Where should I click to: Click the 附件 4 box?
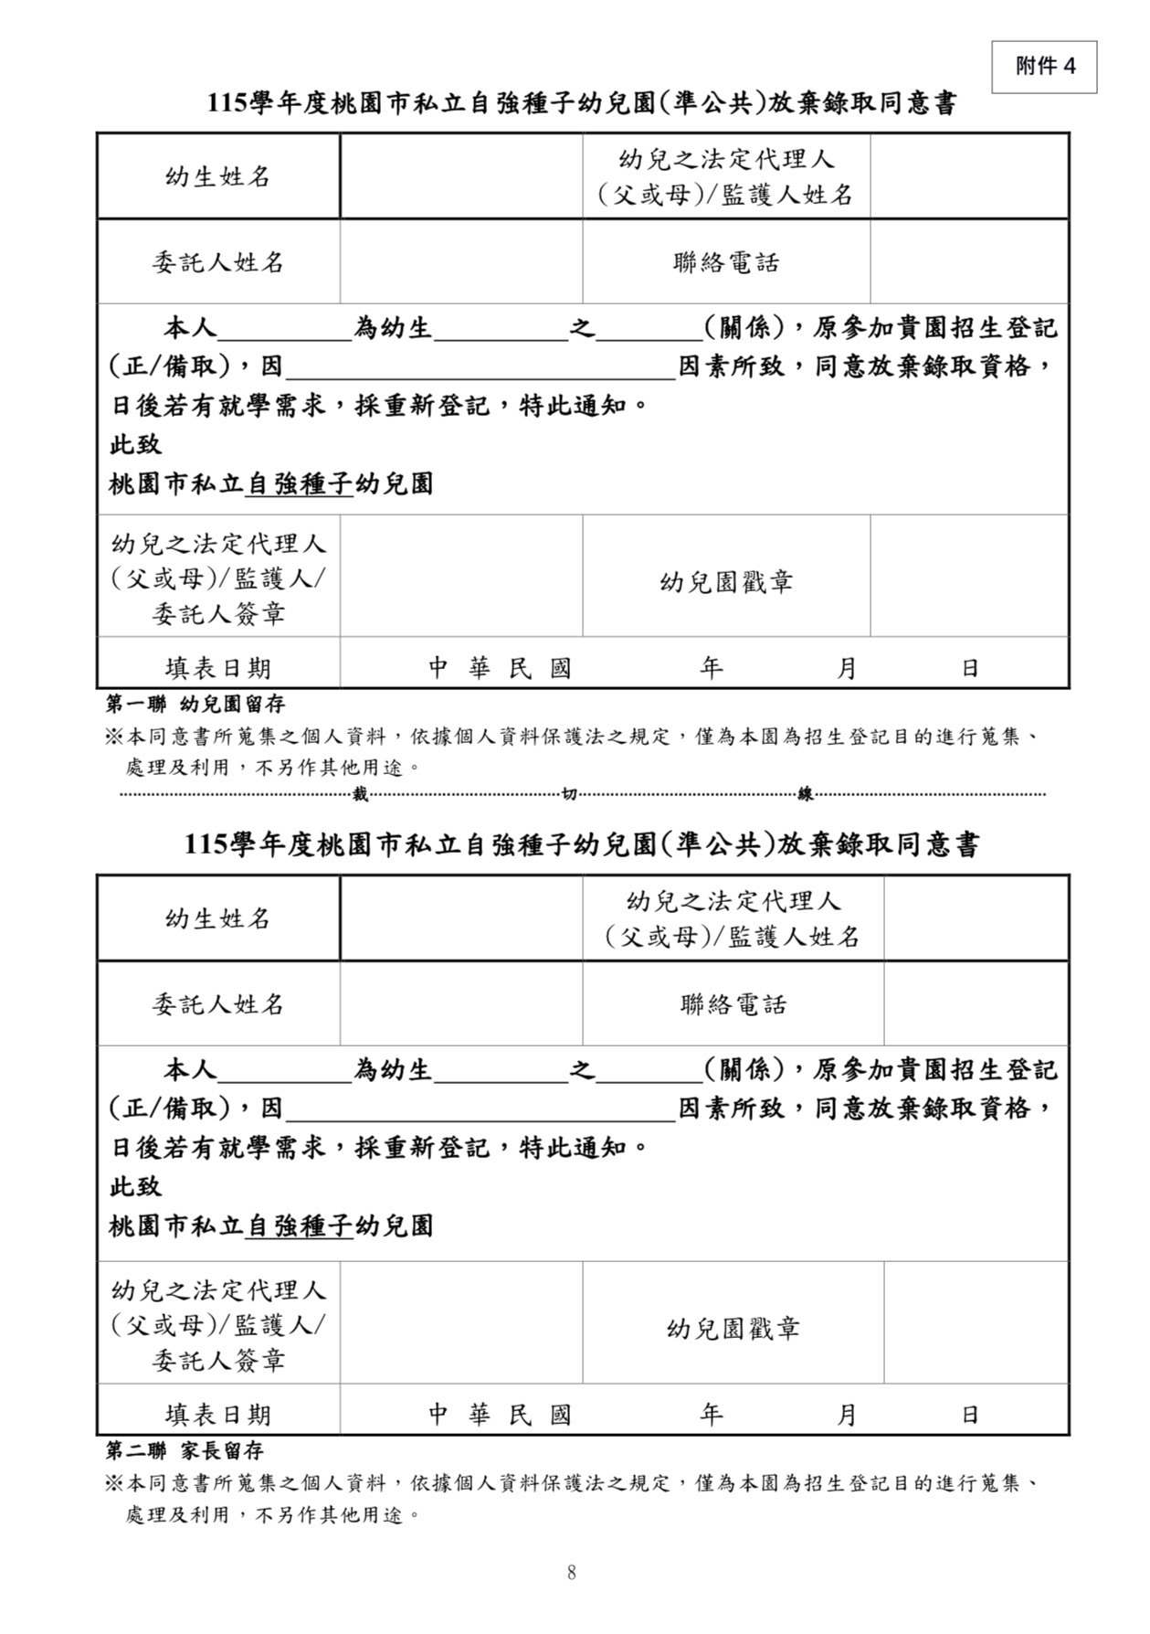point(1044,67)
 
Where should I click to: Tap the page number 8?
point(572,1572)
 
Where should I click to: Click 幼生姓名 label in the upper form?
point(218,176)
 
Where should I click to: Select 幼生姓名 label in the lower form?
point(218,918)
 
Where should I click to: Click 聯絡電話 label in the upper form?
point(726,263)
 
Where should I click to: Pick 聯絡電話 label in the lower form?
point(733,1004)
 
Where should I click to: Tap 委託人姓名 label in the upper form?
point(218,263)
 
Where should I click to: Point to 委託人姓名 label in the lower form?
point(218,1004)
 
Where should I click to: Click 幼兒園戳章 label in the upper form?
point(726,582)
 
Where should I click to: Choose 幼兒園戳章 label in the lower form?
point(733,1329)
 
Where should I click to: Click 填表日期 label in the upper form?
point(218,669)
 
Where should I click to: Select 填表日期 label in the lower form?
point(218,1415)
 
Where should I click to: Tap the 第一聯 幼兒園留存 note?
point(196,704)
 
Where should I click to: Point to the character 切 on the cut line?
point(569,795)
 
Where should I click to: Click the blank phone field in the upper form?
point(968,263)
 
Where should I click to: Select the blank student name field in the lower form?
point(461,918)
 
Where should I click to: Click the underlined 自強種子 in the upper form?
point(300,483)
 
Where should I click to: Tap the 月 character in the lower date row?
point(847,1415)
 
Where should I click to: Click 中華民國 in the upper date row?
point(501,669)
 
